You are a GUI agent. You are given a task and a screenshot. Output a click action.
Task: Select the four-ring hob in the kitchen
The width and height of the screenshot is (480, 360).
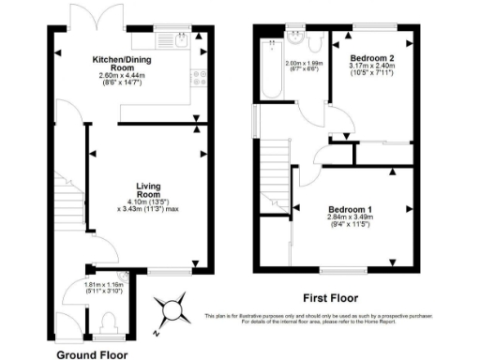(x=200, y=78)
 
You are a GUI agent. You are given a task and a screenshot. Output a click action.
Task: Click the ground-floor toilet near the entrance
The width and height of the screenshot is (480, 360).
(x=105, y=323)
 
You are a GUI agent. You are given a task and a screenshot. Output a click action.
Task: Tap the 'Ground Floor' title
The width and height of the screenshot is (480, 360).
(x=92, y=353)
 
